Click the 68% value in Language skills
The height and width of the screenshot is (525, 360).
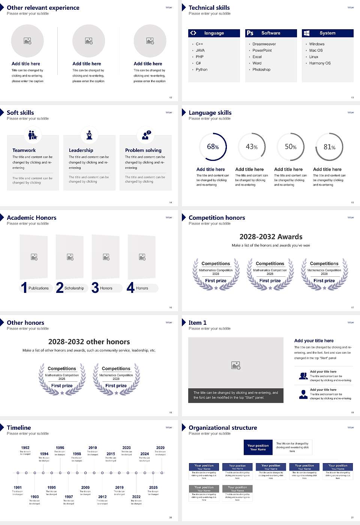(213, 147)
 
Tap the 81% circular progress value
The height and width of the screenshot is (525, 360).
(329, 147)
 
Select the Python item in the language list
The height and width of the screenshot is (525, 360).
(201, 69)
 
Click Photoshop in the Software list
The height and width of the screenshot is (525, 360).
(261, 69)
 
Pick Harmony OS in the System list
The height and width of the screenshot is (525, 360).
(320, 63)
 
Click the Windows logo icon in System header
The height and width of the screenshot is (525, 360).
(306, 33)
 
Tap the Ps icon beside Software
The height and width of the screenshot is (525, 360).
(250, 33)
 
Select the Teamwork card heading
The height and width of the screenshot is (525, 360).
(24, 150)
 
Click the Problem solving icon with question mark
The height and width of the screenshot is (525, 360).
(146, 135)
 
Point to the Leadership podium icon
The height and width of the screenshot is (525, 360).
(89, 135)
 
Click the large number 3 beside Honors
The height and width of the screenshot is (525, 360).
(95, 288)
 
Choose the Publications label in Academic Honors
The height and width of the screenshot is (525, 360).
(39, 288)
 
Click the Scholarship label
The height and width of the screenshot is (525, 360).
(74, 288)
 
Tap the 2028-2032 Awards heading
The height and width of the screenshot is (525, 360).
(271, 237)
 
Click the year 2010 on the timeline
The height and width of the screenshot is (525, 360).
(93, 447)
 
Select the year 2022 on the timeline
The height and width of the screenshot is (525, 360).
(136, 496)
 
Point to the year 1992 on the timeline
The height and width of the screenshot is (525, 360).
(25, 447)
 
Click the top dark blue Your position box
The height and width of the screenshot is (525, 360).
(258, 447)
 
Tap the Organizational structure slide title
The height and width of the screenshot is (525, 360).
(223, 427)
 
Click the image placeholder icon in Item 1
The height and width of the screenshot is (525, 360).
(236, 365)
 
